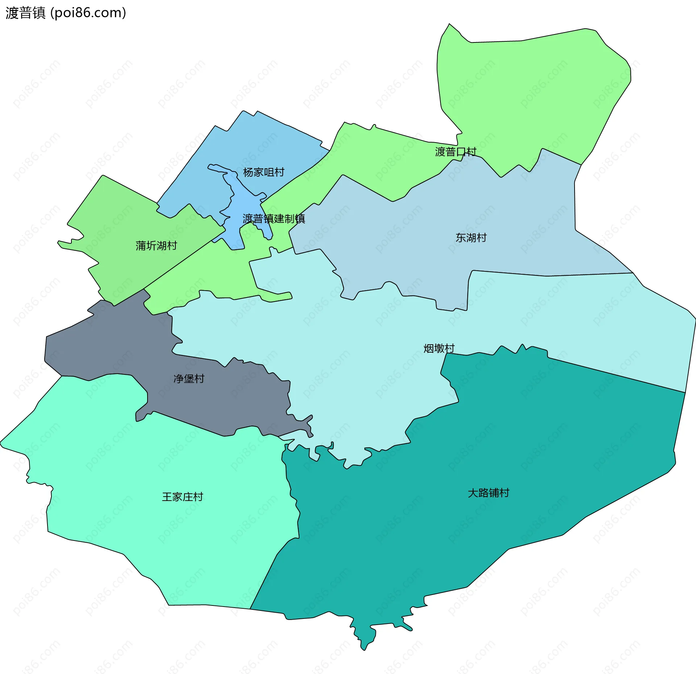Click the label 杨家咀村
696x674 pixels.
click(264, 172)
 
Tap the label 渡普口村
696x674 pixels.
click(455, 152)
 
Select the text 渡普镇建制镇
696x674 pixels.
click(274, 219)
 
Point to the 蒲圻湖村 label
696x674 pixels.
click(156, 246)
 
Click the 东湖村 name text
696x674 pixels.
click(471, 238)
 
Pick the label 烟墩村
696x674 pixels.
click(439, 349)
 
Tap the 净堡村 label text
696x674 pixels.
click(189, 379)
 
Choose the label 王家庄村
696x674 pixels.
click(182, 497)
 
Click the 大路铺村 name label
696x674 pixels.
click(488, 493)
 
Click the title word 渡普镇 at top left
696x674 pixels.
click(25, 13)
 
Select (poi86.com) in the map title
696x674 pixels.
click(88, 13)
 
